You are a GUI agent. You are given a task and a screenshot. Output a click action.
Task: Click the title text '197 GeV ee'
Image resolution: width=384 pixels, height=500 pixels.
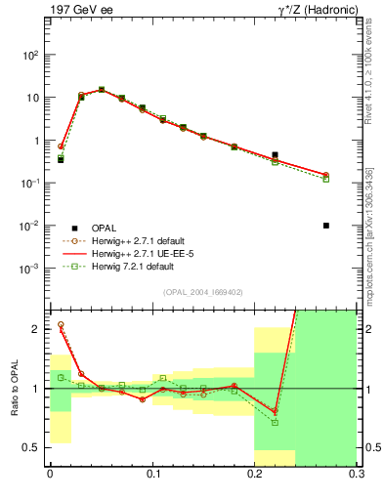(77, 11)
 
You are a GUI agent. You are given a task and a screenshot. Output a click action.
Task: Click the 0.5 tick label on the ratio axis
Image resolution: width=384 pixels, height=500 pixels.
(33, 448)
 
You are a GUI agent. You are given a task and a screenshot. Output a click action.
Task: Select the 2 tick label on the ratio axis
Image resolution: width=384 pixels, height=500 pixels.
(37, 329)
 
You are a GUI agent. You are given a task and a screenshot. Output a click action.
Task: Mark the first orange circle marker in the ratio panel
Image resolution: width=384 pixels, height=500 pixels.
(61, 325)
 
